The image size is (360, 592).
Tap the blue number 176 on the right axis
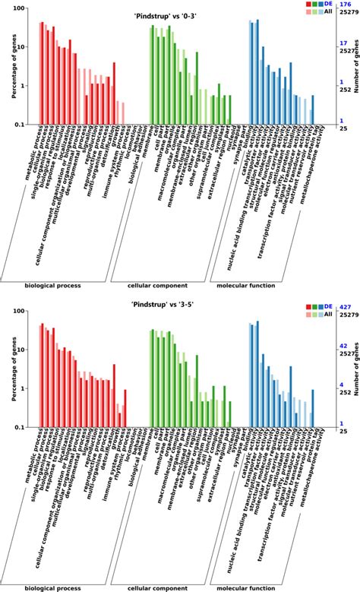click(346, 5)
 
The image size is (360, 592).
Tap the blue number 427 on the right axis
click(346, 306)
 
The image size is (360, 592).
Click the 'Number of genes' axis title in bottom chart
click(355, 369)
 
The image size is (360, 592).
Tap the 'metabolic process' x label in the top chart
click(30, 152)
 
